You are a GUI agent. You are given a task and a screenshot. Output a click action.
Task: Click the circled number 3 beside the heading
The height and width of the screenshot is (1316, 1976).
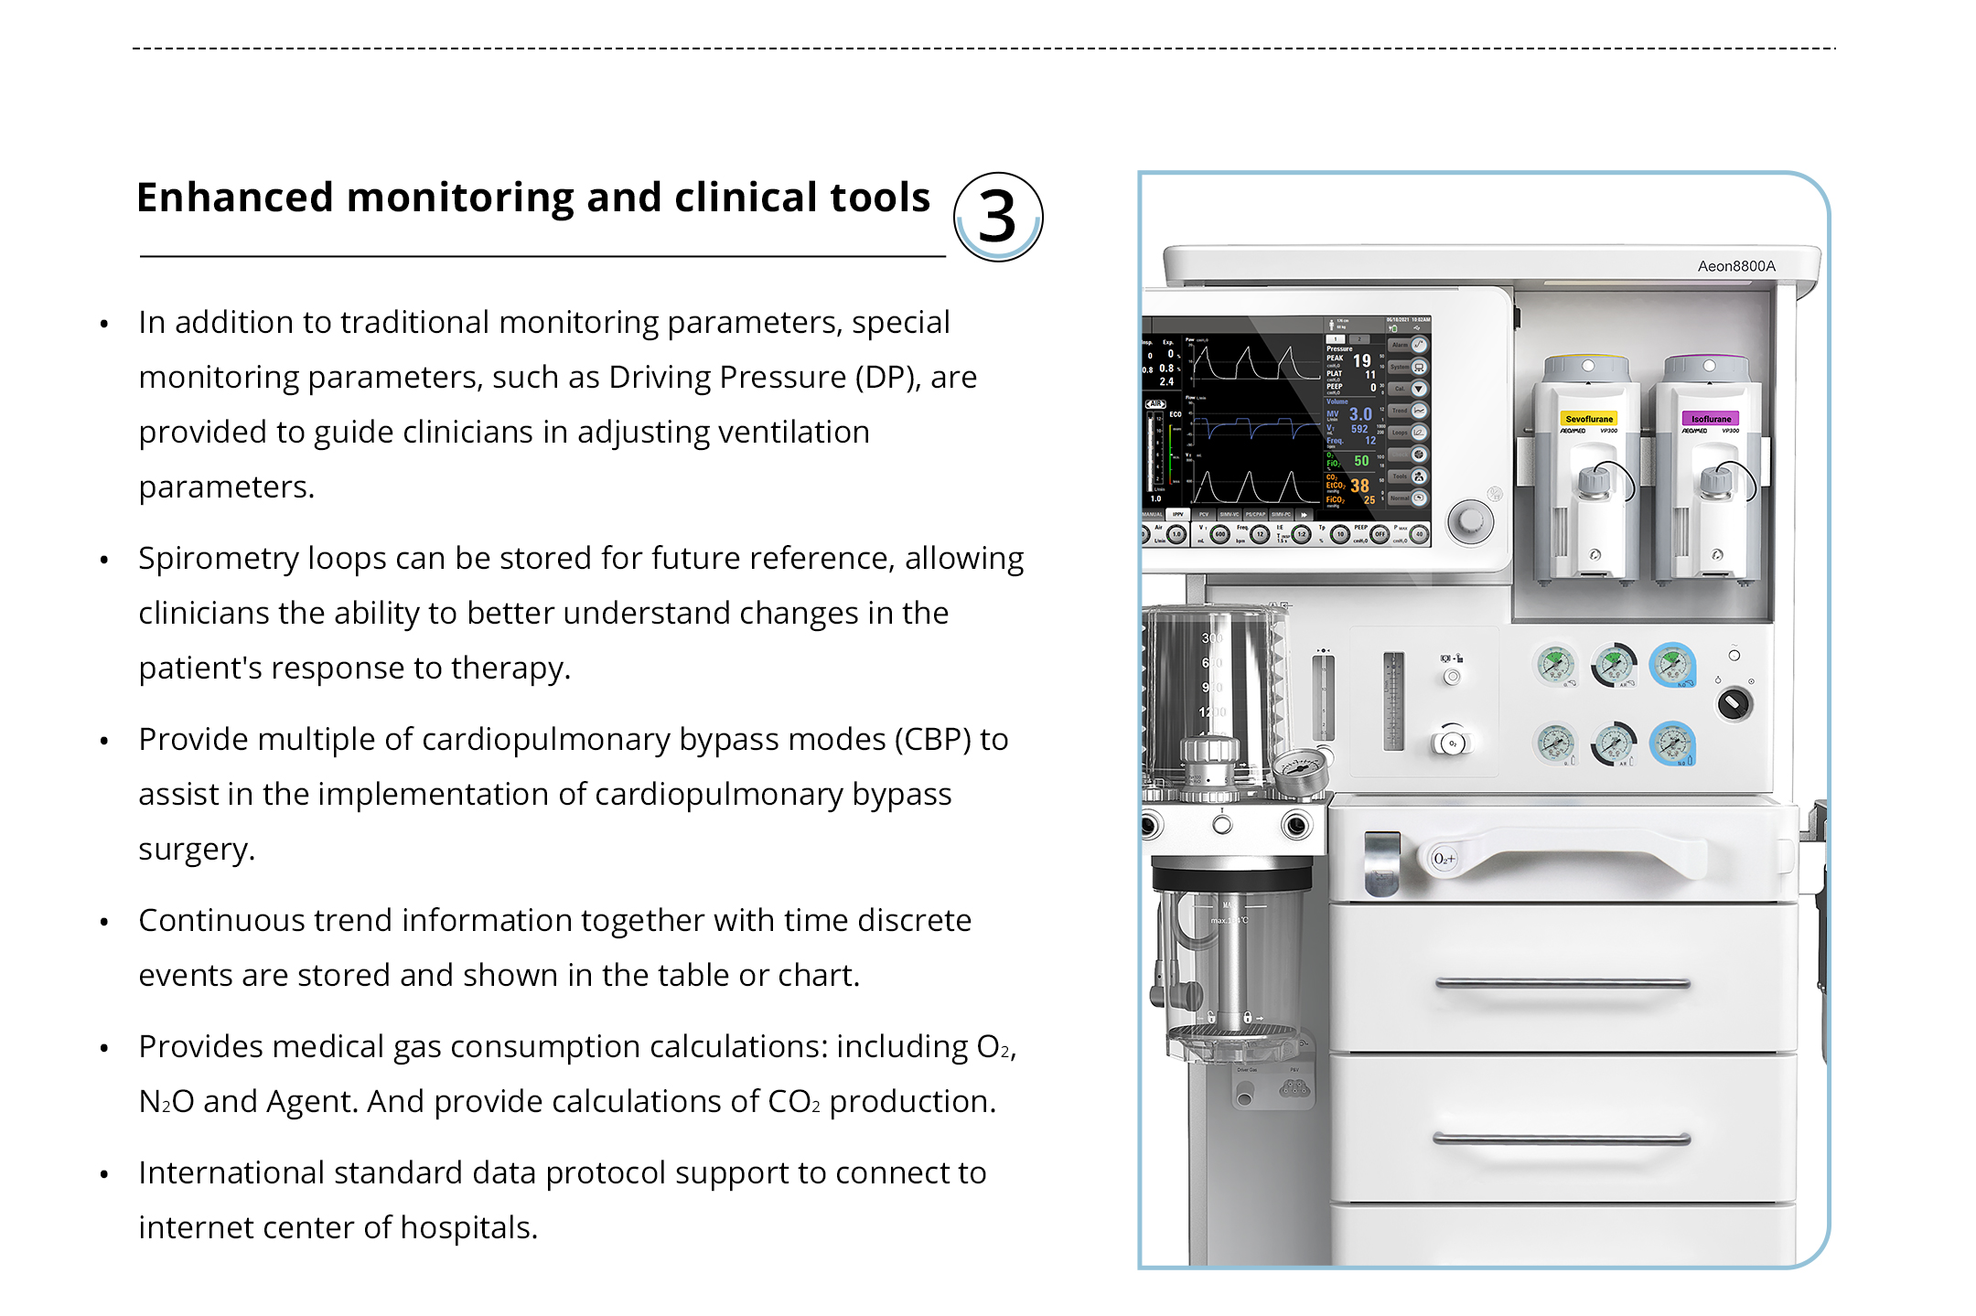997,217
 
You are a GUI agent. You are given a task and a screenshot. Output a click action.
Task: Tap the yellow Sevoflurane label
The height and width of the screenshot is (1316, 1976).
1589,419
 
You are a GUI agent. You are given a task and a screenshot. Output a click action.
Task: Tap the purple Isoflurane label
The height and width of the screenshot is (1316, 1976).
1711,419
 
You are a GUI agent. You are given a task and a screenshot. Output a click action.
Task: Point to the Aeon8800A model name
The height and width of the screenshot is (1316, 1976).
1736,266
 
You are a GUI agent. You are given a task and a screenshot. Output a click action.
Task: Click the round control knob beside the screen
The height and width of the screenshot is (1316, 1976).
1470,520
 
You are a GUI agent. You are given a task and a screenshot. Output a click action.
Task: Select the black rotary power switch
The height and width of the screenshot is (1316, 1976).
1734,703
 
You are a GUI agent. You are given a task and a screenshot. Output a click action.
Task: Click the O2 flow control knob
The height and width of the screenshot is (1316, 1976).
1452,743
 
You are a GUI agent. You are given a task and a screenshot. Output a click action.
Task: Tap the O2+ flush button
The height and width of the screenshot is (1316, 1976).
1444,859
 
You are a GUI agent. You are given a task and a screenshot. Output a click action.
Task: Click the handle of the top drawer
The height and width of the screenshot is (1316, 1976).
1563,984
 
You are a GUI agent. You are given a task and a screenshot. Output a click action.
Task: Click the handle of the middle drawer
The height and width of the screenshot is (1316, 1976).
1563,1139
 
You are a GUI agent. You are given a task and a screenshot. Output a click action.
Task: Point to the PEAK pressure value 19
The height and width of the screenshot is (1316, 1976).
1362,360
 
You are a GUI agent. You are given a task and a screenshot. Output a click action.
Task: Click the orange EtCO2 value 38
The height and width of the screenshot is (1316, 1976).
1360,486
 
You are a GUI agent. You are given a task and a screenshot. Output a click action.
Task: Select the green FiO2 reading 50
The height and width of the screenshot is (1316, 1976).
1361,461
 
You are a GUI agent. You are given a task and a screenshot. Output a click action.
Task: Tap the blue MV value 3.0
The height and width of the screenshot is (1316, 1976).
1360,414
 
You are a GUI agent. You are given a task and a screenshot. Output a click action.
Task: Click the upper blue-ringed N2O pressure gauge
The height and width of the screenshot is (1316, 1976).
1672,665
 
